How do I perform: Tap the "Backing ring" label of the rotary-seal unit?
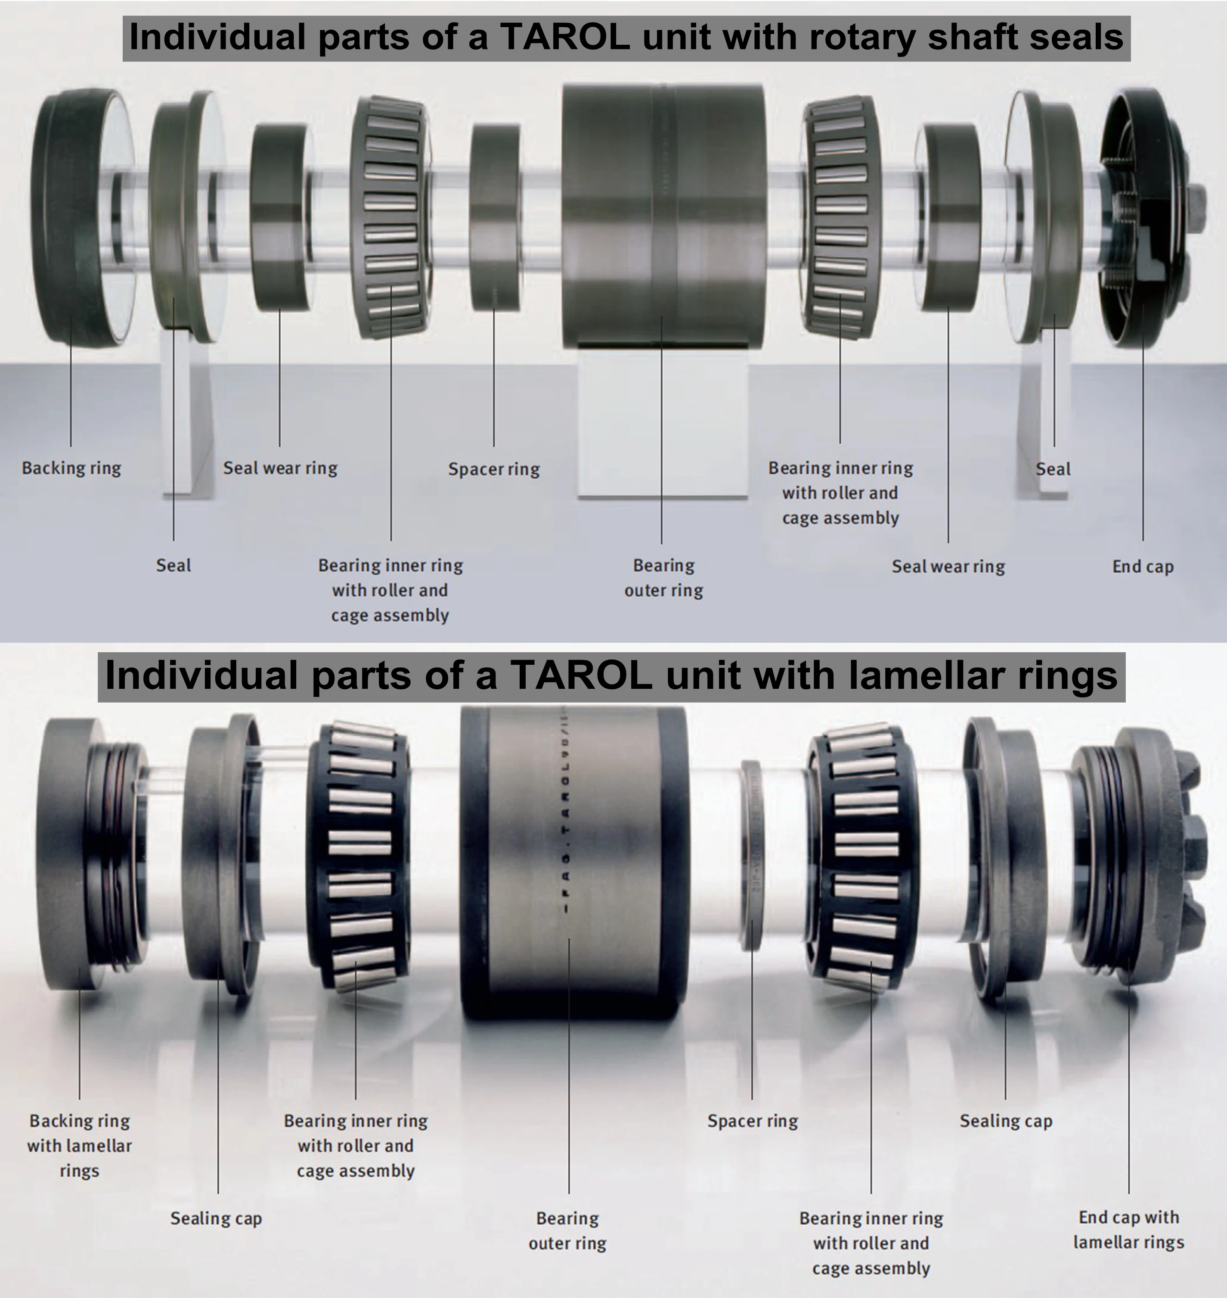71,468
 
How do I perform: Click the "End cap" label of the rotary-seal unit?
1143,566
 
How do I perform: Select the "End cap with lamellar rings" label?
1128,1230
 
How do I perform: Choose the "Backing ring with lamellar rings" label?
79,1146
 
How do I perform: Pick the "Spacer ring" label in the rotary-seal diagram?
494,469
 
